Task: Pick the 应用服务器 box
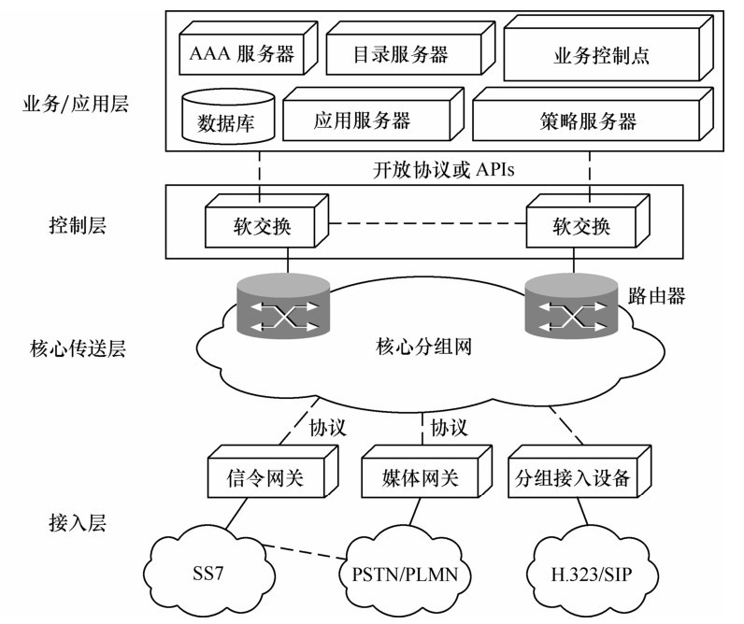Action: [x=362, y=121]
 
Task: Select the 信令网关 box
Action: [x=267, y=480]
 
